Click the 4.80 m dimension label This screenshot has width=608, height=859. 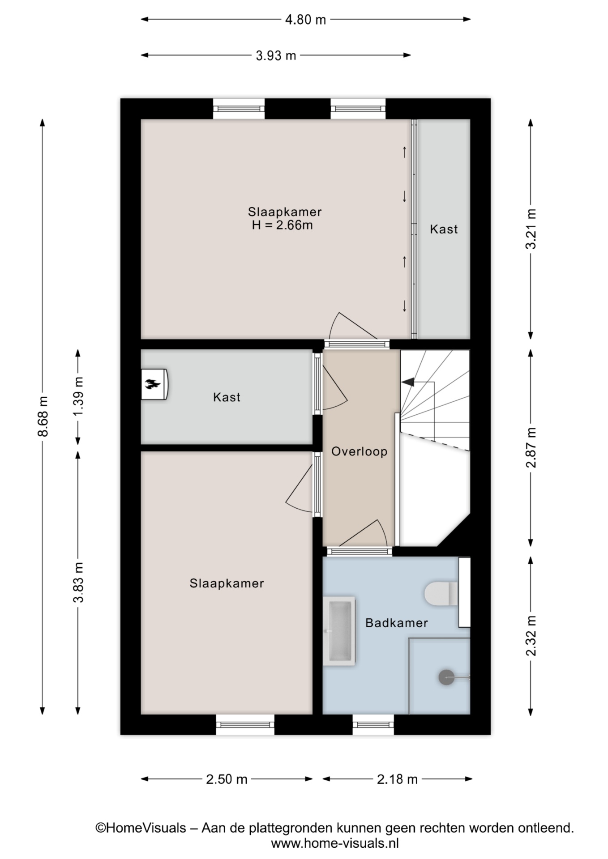click(305, 20)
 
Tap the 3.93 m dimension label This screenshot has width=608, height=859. click(276, 55)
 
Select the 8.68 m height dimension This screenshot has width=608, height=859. click(43, 416)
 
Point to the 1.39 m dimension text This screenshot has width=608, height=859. click(78, 396)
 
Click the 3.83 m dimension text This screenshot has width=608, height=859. click(78, 583)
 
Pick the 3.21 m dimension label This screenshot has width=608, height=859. click(531, 229)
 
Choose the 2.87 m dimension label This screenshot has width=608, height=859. click(531, 447)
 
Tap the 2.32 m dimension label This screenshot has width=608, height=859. click(531, 636)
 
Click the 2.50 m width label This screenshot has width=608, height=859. click(227, 779)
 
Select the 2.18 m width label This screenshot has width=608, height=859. click(397, 779)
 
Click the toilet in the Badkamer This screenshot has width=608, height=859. click(441, 593)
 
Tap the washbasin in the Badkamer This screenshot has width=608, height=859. click(339, 631)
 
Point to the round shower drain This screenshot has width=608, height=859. click(446, 677)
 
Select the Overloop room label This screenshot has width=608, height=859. click(359, 451)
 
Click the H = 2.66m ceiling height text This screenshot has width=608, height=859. click(282, 225)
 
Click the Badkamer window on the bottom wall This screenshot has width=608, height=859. click(373, 724)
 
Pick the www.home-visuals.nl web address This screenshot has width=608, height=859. click(335, 843)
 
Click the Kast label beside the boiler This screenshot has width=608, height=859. click(227, 397)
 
